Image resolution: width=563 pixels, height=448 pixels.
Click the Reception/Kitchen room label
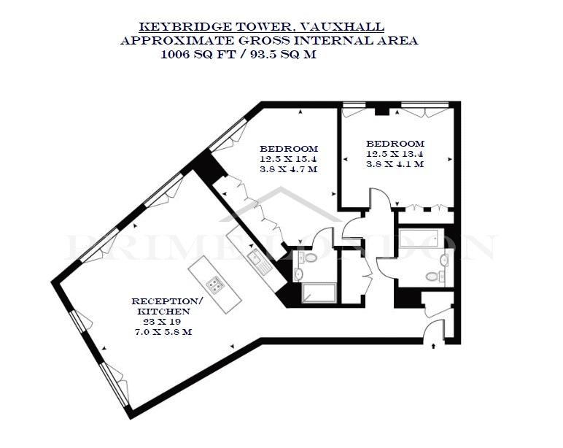(x=165, y=306)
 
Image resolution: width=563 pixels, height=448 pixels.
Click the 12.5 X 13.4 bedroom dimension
(x=395, y=153)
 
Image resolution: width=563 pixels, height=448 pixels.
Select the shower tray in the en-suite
(x=319, y=293)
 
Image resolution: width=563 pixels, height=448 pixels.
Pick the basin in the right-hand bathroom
(x=445, y=260)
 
